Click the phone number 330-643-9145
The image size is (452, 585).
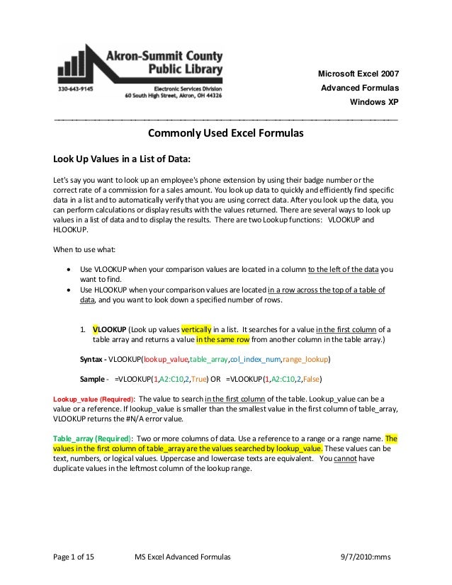74,89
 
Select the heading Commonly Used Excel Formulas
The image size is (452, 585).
225,133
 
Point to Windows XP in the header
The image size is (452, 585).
375,101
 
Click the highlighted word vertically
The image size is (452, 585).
197,330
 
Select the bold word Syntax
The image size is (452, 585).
92,359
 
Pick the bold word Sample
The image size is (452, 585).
93,379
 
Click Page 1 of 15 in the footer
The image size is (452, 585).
74,558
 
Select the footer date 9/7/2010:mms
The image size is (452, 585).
366,558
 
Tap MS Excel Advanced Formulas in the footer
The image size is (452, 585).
183,558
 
